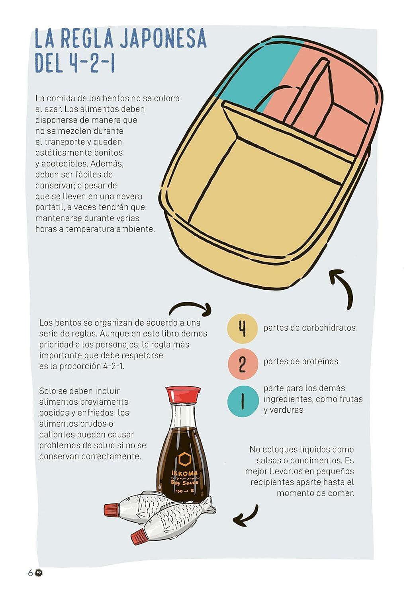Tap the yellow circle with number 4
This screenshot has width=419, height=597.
[242, 329]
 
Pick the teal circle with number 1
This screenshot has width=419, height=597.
[243, 401]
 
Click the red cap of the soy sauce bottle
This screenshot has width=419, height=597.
[183, 394]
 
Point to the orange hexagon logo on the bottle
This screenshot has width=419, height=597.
[184, 460]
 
